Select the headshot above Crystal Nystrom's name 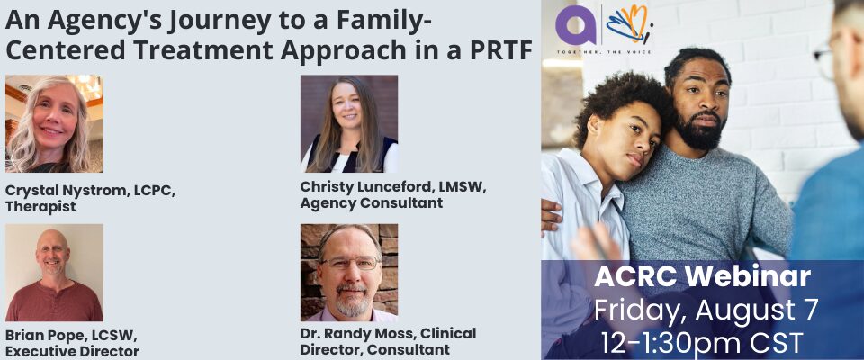point(54,123)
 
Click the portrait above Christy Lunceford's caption point(349,123)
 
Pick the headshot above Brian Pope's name point(54,273)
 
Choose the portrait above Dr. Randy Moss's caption point(349,273)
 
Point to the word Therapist point(40,207)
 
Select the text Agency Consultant point(372,202)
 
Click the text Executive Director point(72,351)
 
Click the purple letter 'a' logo point(576,25)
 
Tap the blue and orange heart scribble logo point(630,24)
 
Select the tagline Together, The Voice point(604,52)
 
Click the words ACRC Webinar point(702,277)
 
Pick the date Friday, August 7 point(706,310)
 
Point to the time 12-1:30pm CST point(702,343)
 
